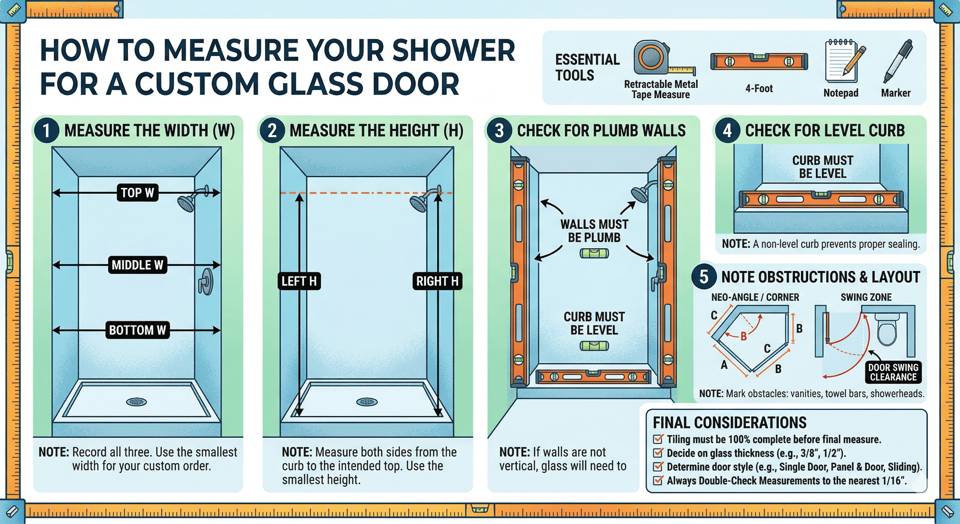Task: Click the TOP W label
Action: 137,193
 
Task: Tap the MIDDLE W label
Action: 137,265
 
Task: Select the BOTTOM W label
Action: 137,330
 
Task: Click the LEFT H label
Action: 299,281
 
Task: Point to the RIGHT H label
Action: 437,281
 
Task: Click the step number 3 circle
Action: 499,131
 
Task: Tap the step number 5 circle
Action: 704,277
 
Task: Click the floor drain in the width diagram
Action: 136,402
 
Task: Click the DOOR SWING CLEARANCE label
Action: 893,372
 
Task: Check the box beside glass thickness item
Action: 658,453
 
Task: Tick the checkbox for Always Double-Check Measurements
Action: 658,480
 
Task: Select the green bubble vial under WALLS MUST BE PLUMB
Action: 594,254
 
